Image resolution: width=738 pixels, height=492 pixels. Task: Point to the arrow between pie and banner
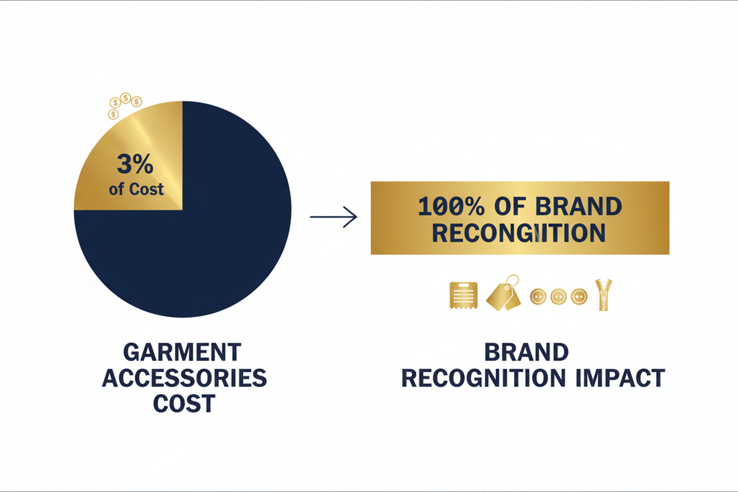(x=333, y=217)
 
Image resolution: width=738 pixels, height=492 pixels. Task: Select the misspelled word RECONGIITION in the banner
(x=519, y=232)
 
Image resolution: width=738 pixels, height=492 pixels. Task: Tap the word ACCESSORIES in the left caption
(x=184, y=378)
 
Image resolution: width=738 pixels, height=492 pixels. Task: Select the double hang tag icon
(x=503, y=295)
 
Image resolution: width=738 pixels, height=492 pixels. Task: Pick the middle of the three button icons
(x=558, y=296)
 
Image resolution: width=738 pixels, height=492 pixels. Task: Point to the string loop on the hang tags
(x=513, y=281)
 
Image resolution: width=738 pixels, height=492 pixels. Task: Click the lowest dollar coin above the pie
(x=113, y=115)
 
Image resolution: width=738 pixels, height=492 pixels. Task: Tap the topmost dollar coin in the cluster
(x=125, y=98)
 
